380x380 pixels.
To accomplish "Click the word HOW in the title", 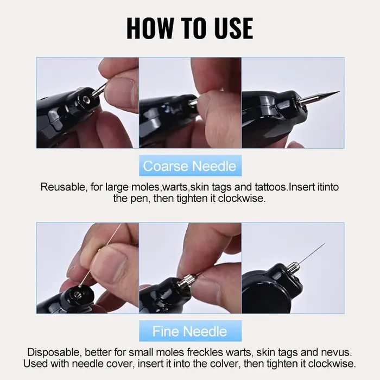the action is (150, 28).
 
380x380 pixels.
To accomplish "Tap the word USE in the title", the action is (232, 28).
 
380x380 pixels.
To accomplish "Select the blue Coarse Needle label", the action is (190, 166).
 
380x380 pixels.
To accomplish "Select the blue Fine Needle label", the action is (190, 331).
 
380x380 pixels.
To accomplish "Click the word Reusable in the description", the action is (63, 187).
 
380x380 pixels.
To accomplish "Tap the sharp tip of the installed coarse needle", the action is (339, 92).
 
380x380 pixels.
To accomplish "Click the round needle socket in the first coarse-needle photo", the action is (86, 99).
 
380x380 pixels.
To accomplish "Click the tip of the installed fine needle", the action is (324, 243).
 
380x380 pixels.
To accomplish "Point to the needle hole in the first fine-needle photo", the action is (77, 295).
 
